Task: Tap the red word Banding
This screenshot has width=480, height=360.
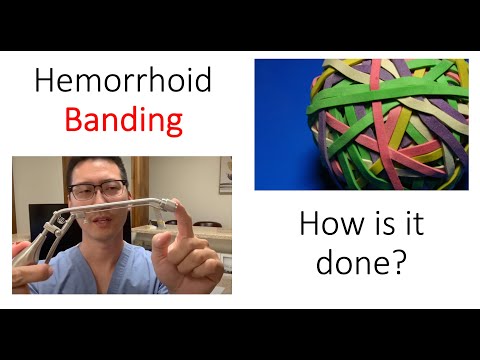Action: (124, 121)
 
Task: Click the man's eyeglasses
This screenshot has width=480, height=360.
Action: (98, 189)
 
